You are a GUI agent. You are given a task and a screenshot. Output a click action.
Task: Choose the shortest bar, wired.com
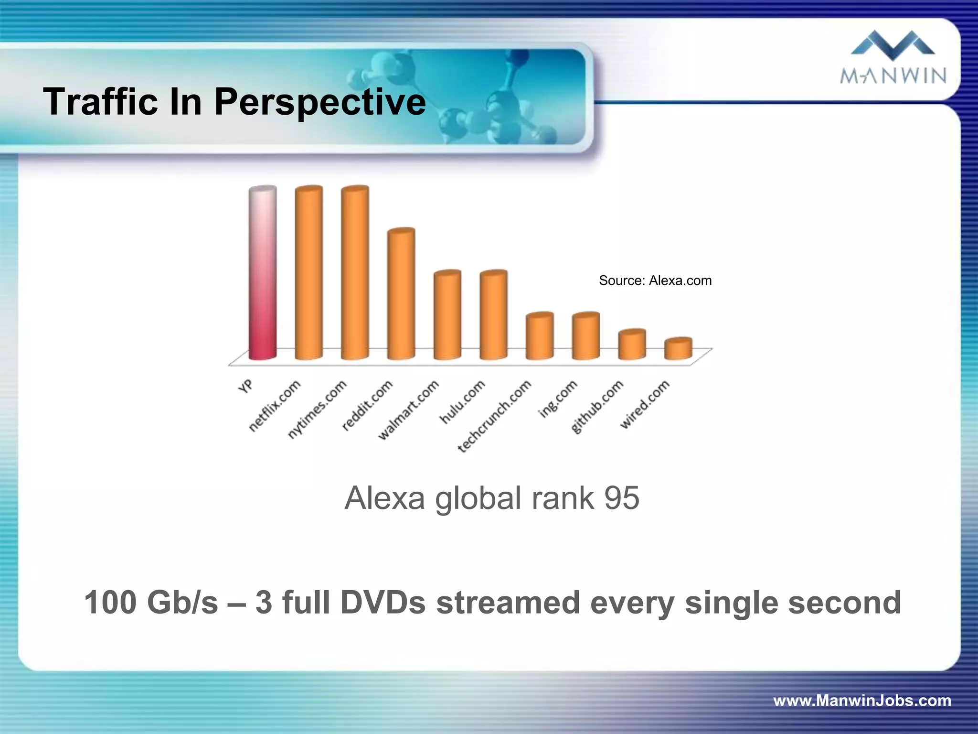678,349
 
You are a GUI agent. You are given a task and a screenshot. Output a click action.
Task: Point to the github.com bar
632,345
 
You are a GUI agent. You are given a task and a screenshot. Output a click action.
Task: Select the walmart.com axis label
409,410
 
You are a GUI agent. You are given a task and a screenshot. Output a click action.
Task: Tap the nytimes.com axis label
318,409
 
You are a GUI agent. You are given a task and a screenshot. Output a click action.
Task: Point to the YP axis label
246,386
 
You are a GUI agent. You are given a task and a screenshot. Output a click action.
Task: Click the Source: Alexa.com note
655,281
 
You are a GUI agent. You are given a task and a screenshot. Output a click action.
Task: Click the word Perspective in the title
319,102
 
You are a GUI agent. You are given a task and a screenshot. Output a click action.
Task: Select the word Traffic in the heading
100,102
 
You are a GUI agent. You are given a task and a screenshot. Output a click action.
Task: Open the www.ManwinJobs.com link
862,701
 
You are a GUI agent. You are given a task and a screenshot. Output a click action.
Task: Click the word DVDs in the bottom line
383,603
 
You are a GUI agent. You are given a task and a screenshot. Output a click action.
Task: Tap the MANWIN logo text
893,76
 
